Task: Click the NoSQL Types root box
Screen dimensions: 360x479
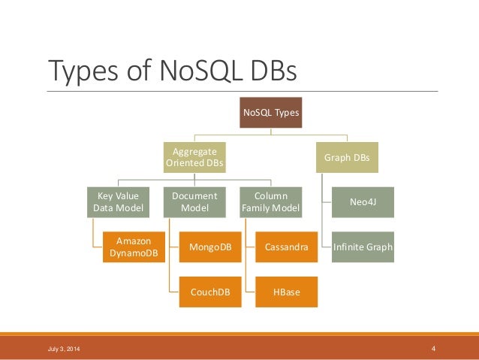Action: [x=270, y=113]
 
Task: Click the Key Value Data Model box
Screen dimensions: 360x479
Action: [x=116, y=202]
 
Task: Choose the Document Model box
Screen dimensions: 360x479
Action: [x=194, y=202]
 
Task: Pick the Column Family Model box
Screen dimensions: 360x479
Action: [x=271, y=202]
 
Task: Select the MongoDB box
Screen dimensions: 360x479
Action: [x=210, y=247]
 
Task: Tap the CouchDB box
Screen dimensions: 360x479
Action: [x=210, y=292]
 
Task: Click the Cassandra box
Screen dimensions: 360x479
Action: [x=287, y=247]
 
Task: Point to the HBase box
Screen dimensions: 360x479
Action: [x=287, y=292]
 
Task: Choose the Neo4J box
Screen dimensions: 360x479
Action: [x=363, y=202]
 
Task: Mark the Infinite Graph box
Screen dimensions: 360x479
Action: [x=363, y=247]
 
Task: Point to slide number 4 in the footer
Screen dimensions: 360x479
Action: [x=434, y=349]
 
